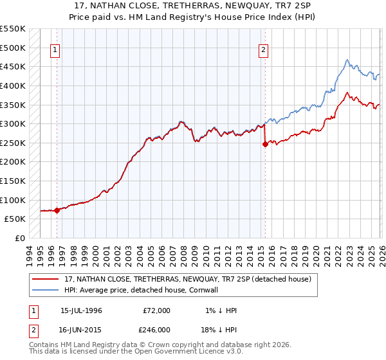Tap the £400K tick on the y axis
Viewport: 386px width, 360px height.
[x=14, y=85]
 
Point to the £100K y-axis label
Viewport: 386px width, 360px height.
[x=14, y=200]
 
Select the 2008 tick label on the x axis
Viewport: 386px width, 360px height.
[x=187, y=253]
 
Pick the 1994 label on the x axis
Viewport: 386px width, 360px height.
[x=30, y=253]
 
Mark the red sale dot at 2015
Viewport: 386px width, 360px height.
[x=264, y=145]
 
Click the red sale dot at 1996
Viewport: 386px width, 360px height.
[x=57, y=210]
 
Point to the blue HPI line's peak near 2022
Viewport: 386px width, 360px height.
[x=347, y=60]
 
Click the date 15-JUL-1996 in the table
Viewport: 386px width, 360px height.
[x=81, y=310]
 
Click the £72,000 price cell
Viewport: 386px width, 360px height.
[x=157, y=310]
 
